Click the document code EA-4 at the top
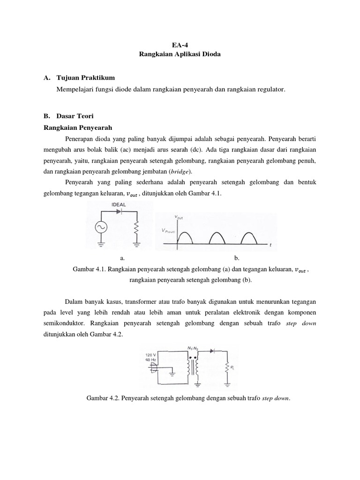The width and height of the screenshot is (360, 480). (180, 45)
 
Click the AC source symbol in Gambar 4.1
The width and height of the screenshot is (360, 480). (100, 228)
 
